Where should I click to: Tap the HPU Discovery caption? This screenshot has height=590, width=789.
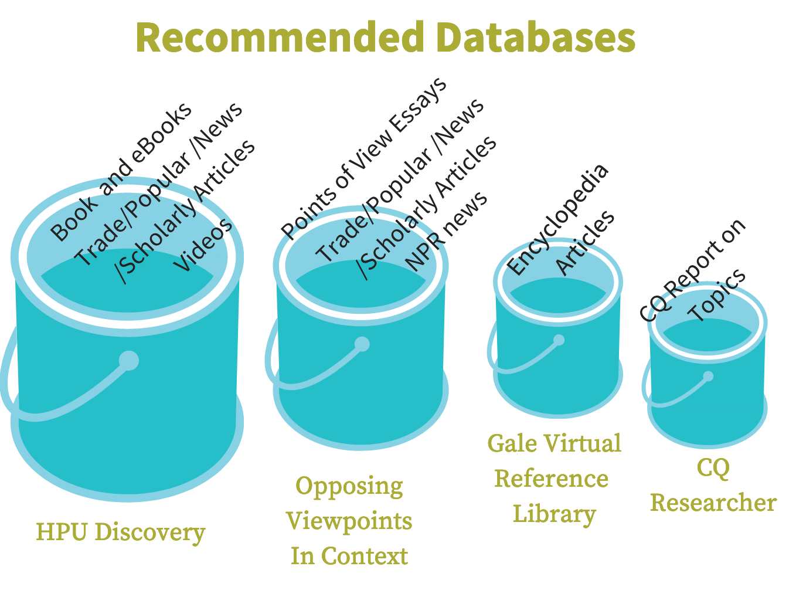pos(121,533)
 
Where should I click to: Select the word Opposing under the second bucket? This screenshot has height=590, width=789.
pos(349,487)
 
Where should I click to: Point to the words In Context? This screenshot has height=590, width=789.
pos(349,556)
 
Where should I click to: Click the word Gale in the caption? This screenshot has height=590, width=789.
pos(512,443)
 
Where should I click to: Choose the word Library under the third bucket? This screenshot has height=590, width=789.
pos(555,514)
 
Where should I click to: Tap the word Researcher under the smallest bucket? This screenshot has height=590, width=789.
pos(713,503)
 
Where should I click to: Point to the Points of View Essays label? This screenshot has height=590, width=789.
pos(363,159)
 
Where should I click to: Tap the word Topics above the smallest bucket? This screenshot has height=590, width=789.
pos(717,295)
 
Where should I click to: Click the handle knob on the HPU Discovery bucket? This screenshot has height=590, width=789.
pos(128,360)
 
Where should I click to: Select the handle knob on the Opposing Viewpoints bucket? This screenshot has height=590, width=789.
pos(362,344)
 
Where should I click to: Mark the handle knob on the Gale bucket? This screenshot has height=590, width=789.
pos(559,340)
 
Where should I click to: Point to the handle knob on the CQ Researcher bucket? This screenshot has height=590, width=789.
pos(708,376)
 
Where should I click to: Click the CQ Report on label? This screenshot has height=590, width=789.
pos(692,270)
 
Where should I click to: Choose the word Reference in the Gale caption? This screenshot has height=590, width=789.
pos(552,479)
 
